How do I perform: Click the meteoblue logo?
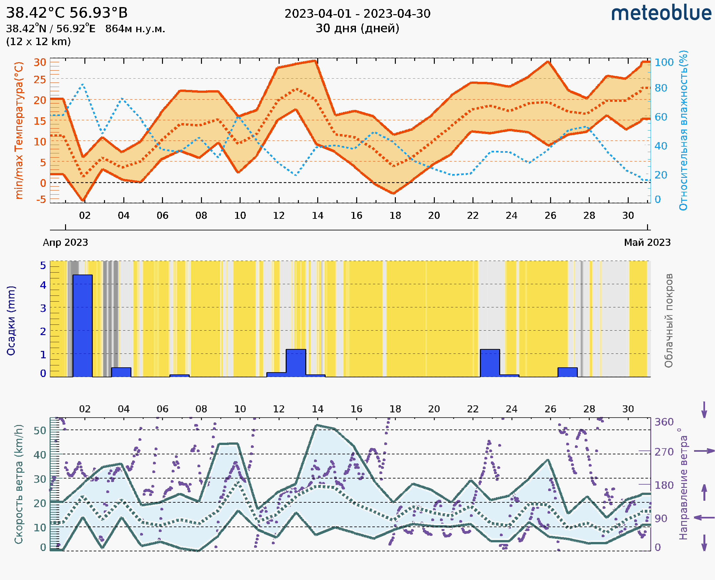tap(661, 13)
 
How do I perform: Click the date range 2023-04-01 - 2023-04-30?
tap(357, 14)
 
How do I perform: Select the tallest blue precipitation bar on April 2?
tap(82, 326)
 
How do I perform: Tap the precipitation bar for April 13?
tap(296, 363)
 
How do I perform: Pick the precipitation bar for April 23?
tap(490, 363)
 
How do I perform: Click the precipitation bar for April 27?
tap(567, 372)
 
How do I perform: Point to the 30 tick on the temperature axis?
tap(40, 62)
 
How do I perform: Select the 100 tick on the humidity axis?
tap(664, 62)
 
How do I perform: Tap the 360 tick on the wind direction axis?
tap(664, 422)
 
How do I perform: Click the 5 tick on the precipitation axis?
tap(43, 266)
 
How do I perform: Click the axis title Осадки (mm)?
tap(11, 321)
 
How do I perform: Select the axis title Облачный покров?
tap(669, 321)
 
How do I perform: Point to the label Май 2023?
tap(647, 242)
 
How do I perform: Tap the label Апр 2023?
tap(65, 242)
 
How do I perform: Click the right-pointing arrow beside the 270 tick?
tap(704, 451)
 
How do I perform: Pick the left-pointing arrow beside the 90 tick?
tap(704, 517)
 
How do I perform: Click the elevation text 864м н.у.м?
tap(135, 29)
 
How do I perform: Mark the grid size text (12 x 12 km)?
tap(38, 42)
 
